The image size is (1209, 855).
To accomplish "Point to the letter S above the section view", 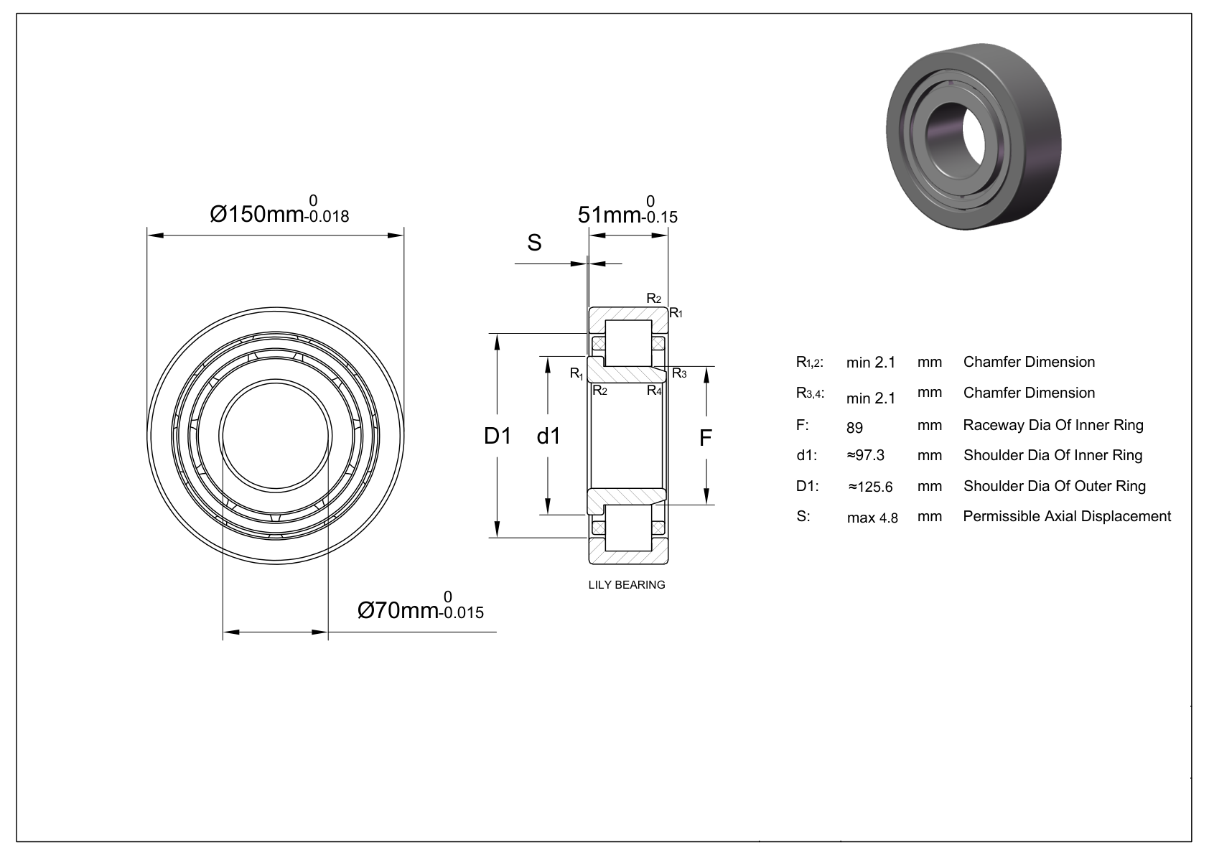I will pyautogui.click(x=534, y=243).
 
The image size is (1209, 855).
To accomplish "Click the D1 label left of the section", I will pyautogui.click(x=497, y=435).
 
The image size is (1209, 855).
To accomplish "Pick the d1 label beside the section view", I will pyautogui.click(x=549, y=435).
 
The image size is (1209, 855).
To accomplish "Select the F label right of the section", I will pyautogui.click(x=706, y=438).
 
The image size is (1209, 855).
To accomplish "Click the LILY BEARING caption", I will pyautogui.click(x=627, y=584).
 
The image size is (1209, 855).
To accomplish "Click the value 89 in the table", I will pyautogui.click(x=854, y=428).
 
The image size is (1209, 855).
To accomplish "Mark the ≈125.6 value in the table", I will pyautogui.click(x=870, y=487).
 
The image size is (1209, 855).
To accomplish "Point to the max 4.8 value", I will pyautogui.click(x=872, y=518).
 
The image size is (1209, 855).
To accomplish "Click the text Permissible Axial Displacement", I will pyautogui.click(x=1067, y=516).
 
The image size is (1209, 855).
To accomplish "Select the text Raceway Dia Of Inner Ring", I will pyautogui.click(x=1053, y=425).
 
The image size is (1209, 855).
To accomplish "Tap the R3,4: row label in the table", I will pyautogui.click(x=811, y=393).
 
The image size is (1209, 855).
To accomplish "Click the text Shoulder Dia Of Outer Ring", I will pyautogui.click(x=1055, y=486).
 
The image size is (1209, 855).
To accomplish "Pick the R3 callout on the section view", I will pyautogui.click(x=679, y=373).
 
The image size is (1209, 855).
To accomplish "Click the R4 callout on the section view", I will pyautogui.click(x=654, y=391).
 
